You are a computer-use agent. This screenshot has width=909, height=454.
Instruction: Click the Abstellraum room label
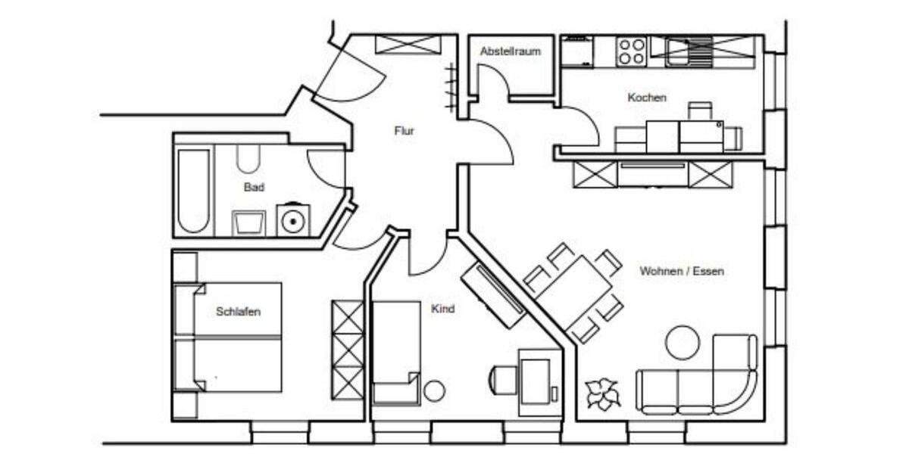[511, 51]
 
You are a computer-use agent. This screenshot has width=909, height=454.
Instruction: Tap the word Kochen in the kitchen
[647, 98]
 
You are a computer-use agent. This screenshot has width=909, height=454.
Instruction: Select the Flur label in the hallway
[405, 131]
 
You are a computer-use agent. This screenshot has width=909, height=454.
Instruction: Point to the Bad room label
[254, 187]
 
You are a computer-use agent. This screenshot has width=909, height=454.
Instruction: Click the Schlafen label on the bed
[238, 311]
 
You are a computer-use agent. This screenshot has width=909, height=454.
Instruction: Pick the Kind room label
[442, 309]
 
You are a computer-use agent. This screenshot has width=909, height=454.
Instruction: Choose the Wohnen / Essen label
[681, 271]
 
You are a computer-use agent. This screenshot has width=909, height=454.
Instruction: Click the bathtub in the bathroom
[193, 190]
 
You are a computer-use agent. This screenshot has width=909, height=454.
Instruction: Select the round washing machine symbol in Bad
[292, 220]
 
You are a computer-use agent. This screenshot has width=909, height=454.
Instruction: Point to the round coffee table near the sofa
[682, 342]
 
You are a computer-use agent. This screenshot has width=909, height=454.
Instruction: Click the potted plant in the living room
[603, 393]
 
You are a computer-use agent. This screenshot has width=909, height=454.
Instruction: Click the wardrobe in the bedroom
[348, 350]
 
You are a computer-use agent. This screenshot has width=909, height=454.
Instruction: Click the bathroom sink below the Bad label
[248, 223]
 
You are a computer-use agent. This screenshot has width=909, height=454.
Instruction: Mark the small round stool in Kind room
[434, 390]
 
